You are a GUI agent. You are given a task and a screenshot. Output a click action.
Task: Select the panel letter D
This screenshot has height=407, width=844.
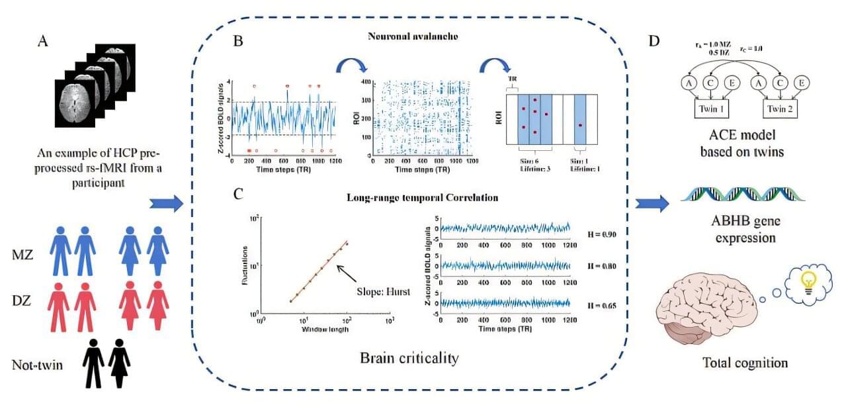(654, 41)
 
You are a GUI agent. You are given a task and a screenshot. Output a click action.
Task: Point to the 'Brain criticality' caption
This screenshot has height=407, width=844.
(409, 358)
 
